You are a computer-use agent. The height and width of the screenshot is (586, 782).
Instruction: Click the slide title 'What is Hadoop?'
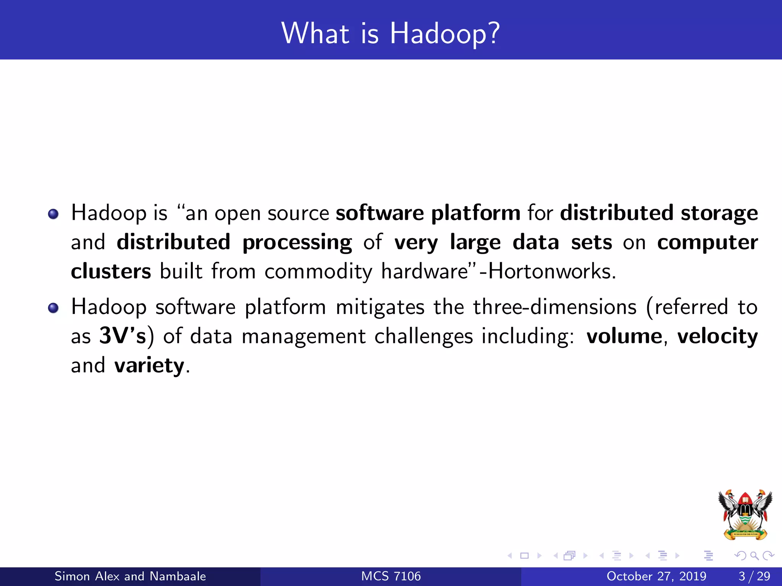tap(390, 33)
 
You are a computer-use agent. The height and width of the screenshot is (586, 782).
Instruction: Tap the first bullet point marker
tap(53, 214)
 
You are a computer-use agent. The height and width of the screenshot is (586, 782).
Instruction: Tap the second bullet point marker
tap(53, 308)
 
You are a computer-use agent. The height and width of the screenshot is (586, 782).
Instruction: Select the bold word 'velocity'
tap(717, 336)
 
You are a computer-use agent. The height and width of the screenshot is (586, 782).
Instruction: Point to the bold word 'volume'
tap(624, 336)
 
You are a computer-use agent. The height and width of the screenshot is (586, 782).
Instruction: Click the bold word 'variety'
tap(149, 366)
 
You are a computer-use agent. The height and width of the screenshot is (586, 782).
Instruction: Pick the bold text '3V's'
tap(123, 336)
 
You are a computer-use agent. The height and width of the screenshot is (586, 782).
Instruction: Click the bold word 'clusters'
tap(111, 272)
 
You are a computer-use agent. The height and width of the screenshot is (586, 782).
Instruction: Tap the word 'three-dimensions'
tap(555, 307)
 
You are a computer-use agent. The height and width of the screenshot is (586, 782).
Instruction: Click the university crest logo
tap(745, 515)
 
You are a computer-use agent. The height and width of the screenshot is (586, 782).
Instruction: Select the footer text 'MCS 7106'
tap(391, 576)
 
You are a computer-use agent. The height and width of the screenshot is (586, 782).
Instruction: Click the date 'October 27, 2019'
tap(656, 576)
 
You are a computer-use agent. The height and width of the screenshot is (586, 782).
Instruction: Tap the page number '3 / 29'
tap(754, 576)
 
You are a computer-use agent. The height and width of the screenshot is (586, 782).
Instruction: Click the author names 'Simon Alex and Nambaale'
tap(130, 576)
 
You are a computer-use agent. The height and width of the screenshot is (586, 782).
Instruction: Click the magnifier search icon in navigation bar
tap(754, 556)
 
